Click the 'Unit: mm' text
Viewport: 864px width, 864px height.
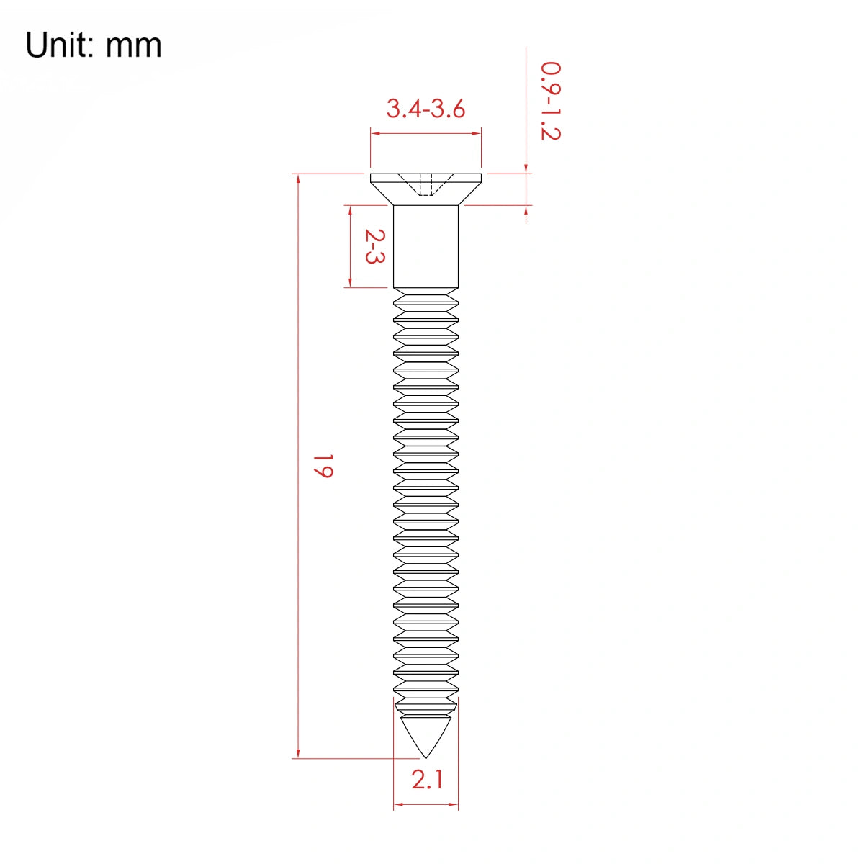pos(94,45)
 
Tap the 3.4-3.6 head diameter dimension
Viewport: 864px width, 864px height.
pos(426,109)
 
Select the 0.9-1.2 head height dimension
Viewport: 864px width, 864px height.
pos(551,101)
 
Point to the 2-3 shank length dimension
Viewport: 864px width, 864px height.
pos(375,246)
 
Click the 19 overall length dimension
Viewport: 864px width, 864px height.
pos(323,467)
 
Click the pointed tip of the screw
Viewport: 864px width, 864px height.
pos(426,758)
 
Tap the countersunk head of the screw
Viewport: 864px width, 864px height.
pos(426,189)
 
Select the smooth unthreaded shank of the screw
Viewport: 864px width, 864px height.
pos(426,246)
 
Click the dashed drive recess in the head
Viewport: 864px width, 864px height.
pos(426,184)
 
